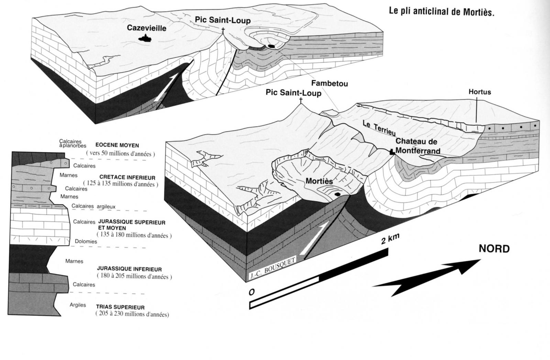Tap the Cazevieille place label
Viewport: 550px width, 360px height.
pyautogui.click(x=146, y=28)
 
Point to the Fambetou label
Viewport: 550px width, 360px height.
pyautogui.click(x=329, y=83)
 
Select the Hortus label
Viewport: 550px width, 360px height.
pyautogui.click(x=480, y=92)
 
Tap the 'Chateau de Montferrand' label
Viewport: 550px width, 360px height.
pyautogui.click(x=417, y=146)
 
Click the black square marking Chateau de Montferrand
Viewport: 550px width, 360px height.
pyautogui.click(x=392, y=152)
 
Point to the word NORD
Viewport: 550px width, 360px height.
pyautogui.click(x=494, y=249)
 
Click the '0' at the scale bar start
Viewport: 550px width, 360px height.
pyautogui.click(x=252, y=292)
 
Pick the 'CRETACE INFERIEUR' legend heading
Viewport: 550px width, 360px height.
pyautogui.click(x=127, y=178)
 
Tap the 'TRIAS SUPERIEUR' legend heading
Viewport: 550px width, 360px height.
pyautogui.click(x=120, y=307)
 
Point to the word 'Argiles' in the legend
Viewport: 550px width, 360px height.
pyautogui.click(x=78, y=305)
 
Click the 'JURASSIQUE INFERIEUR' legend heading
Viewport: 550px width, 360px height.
pyautogui.click(x=129, y=269)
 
